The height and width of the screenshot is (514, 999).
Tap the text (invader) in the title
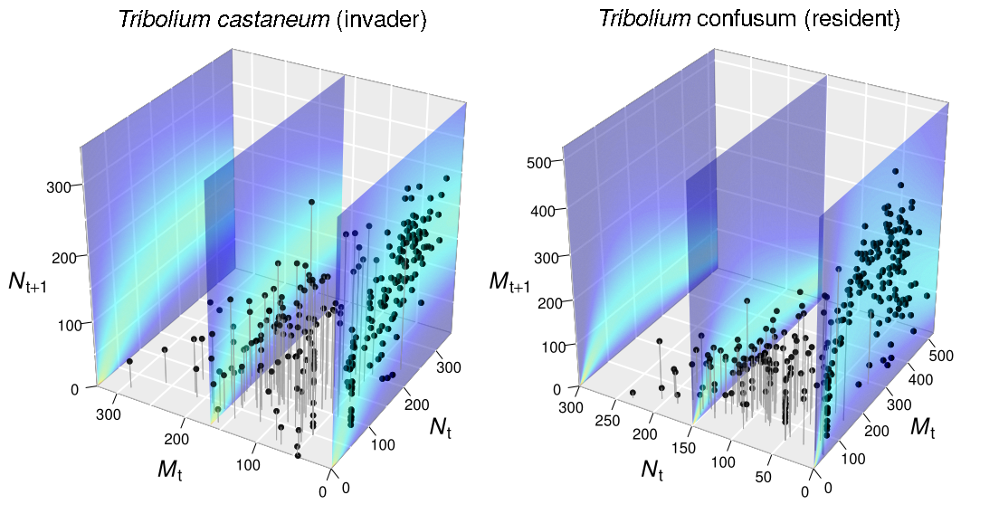click(x=381, y=20)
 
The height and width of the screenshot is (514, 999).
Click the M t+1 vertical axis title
click(x=509, y=281)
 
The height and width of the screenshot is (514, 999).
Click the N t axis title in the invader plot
click(x=441, y=426)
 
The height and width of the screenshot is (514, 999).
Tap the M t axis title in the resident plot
click(x=923, y=426)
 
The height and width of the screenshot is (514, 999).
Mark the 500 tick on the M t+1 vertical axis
click(x=541, y=162)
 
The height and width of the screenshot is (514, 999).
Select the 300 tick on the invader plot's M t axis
click(x=109, y=414)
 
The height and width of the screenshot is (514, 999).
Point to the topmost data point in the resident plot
click(x=895, y=171)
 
